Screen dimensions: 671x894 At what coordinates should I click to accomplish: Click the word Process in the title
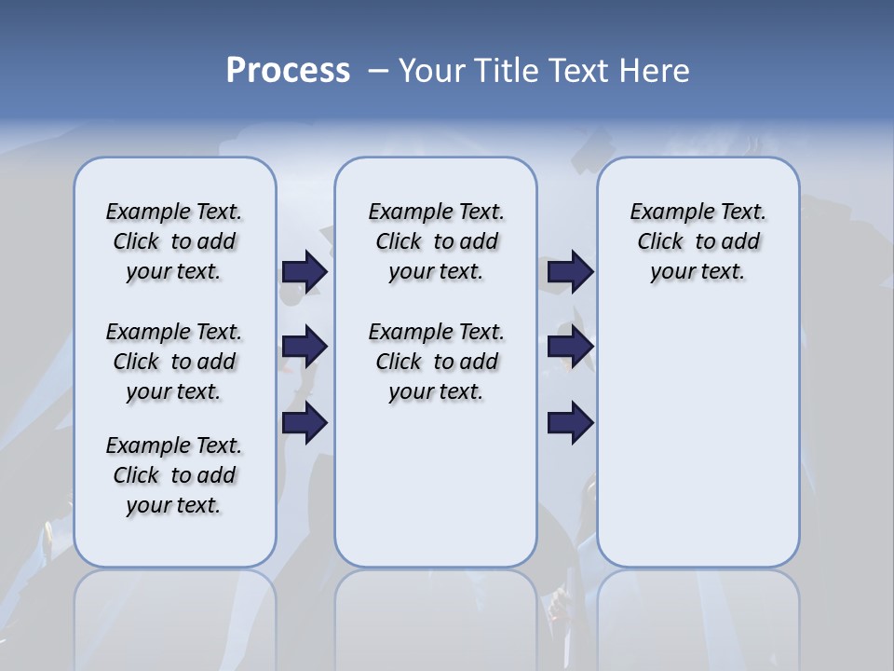pos(288,71)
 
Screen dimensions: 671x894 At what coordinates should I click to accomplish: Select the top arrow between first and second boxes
pos(305,271)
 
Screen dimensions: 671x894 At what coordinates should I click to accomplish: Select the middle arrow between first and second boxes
pos(305,347)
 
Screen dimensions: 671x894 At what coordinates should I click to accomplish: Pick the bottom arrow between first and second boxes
pos(305,423)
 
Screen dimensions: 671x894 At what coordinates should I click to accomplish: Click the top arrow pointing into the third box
pos(570,271)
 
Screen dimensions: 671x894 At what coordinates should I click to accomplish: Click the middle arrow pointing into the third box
pos(570,347)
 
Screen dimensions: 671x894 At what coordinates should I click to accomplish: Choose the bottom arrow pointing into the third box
pos(570,423)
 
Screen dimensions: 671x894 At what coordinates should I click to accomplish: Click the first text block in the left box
pos(174,241)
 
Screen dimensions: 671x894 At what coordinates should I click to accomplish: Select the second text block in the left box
pos(174,362)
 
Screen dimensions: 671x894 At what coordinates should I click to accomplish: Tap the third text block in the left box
pos(174,475)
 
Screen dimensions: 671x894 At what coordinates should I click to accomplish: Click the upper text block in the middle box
pos(436,241)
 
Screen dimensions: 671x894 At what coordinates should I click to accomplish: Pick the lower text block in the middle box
pos(436,362)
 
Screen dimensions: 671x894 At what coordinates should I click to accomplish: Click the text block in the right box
pos(698,241)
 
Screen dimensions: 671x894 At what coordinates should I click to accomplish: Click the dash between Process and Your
pos(378,71)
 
